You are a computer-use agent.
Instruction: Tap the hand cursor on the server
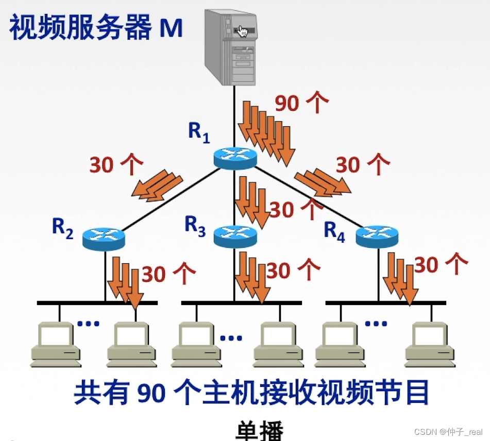click(243, 32)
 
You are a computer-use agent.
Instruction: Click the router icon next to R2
click(104, 239)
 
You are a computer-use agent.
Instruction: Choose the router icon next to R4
click(377, 236)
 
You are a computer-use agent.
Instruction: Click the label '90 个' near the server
click(301, 104)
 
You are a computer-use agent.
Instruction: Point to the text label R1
click(199, 132)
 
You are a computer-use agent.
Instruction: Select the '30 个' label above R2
click(116, 164)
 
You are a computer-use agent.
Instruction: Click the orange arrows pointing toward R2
click(157, 184)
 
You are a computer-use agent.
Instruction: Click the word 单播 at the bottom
click(260, 430)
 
